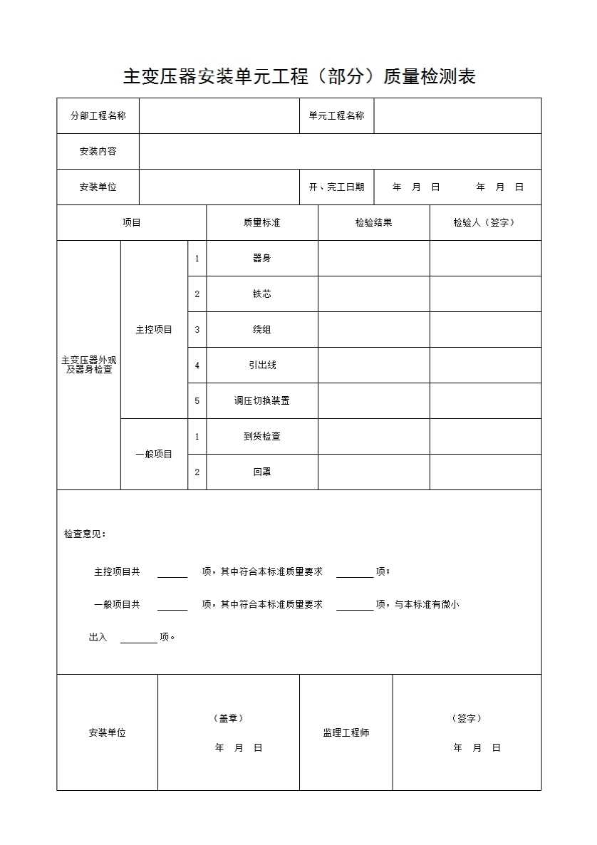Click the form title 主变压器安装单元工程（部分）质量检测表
pyautogui.click(x=299, y=77)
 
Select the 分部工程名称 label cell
pyautogui.click(x=98, y=115)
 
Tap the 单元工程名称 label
pyautogui.click(x=336, y=115)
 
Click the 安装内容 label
pyautogui.click(x=98, y=151)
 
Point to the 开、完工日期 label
pyautogui.click(x=336, y=187)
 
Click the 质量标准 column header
pyautogui.click(x=261, y=222)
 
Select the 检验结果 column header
pyautogui.click(x=373, y=222)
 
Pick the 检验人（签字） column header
pyautogui.click(x=484, y=222)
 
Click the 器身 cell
pyautogui.click(x=261, y=258)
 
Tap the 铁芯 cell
pyautogui.click(x=261, y=294)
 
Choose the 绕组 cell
pyautogui.click(x=261, y=329)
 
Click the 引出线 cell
pyautogui.click(x=261, y=365)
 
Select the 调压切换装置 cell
pyautogui.click(x=261, y=400)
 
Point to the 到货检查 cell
pyautogui.click(x=261, y=436)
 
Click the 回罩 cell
pyautogui.click(x=261, y=472)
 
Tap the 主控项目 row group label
pyautogui.click(x=154, y=329)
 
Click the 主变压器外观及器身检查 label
pyautogui.click(x=89, y=365)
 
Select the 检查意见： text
pyautogui.click(x=85, y=534)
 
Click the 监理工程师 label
pyautogui.click(x=346, y=732)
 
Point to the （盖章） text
pyautogui.click(x=228, y=718)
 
